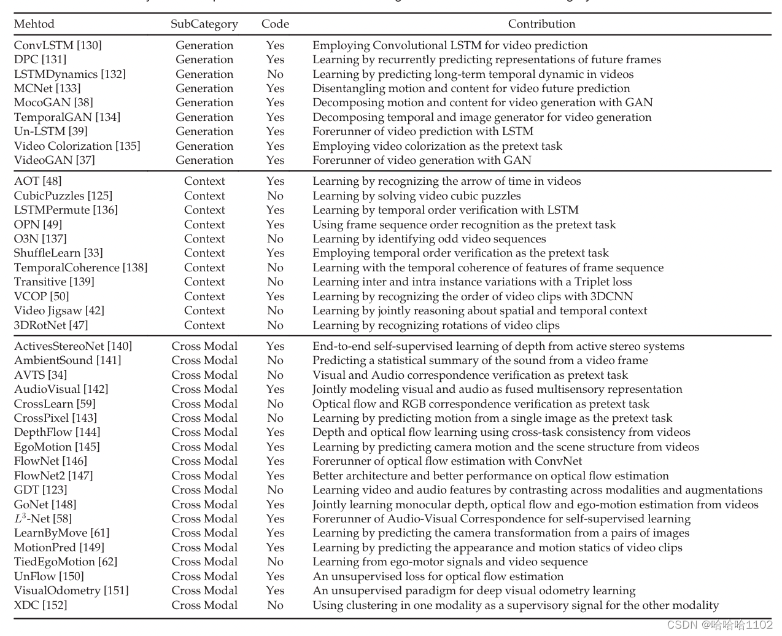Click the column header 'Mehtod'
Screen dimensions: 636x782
click(x=34, y=24)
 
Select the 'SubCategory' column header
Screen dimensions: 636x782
click(x=204, y=24)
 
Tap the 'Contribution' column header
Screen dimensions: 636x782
click(x=541, y=24)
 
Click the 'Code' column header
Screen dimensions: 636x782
click(x=275, y=24)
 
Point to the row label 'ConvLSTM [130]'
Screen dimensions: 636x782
click(x=58, y=45)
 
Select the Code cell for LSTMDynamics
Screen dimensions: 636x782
click(x=275, y=74)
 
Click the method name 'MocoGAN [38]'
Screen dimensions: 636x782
click(x=53, y=103)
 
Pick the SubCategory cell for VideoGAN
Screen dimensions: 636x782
click(x=204, y=160)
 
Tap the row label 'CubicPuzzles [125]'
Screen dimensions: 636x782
click(x=63, y=196)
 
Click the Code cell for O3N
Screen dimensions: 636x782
click(x=275, y=239)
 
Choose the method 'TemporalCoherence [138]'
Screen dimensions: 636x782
click(x=80, y=268)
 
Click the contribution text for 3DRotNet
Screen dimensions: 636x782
click(x=436, y=325)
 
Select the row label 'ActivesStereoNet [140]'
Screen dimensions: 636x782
click(x=73, y=346)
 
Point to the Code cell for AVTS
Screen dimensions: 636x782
click(x=275, y=375)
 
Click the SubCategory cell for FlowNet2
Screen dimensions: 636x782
click(x=204, y=476)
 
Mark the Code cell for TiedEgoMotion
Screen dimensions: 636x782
click(x=275, y=562)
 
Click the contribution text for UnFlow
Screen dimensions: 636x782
click(x=438, y=576)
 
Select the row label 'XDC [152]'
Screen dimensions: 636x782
click(x=41, y=605)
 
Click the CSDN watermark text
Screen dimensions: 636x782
click(x=719, y=625)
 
